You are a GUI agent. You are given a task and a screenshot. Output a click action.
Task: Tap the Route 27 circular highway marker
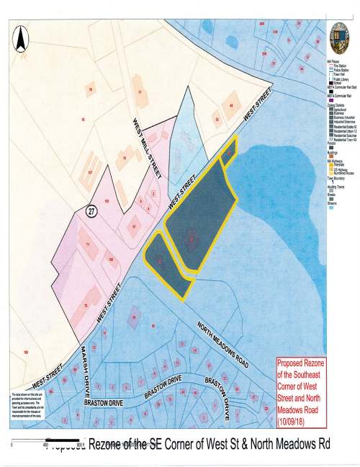coord(91,210)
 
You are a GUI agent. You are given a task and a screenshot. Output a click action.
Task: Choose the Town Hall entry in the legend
coord(337,74)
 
